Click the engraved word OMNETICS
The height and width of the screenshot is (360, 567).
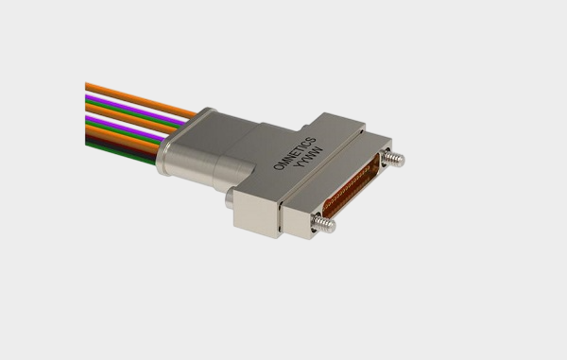pos(294,153)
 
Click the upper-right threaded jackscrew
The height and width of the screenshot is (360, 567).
pos(394,159)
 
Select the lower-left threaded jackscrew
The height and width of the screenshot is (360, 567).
pos(323,223)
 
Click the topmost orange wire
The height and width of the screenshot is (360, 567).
pos(141,100)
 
